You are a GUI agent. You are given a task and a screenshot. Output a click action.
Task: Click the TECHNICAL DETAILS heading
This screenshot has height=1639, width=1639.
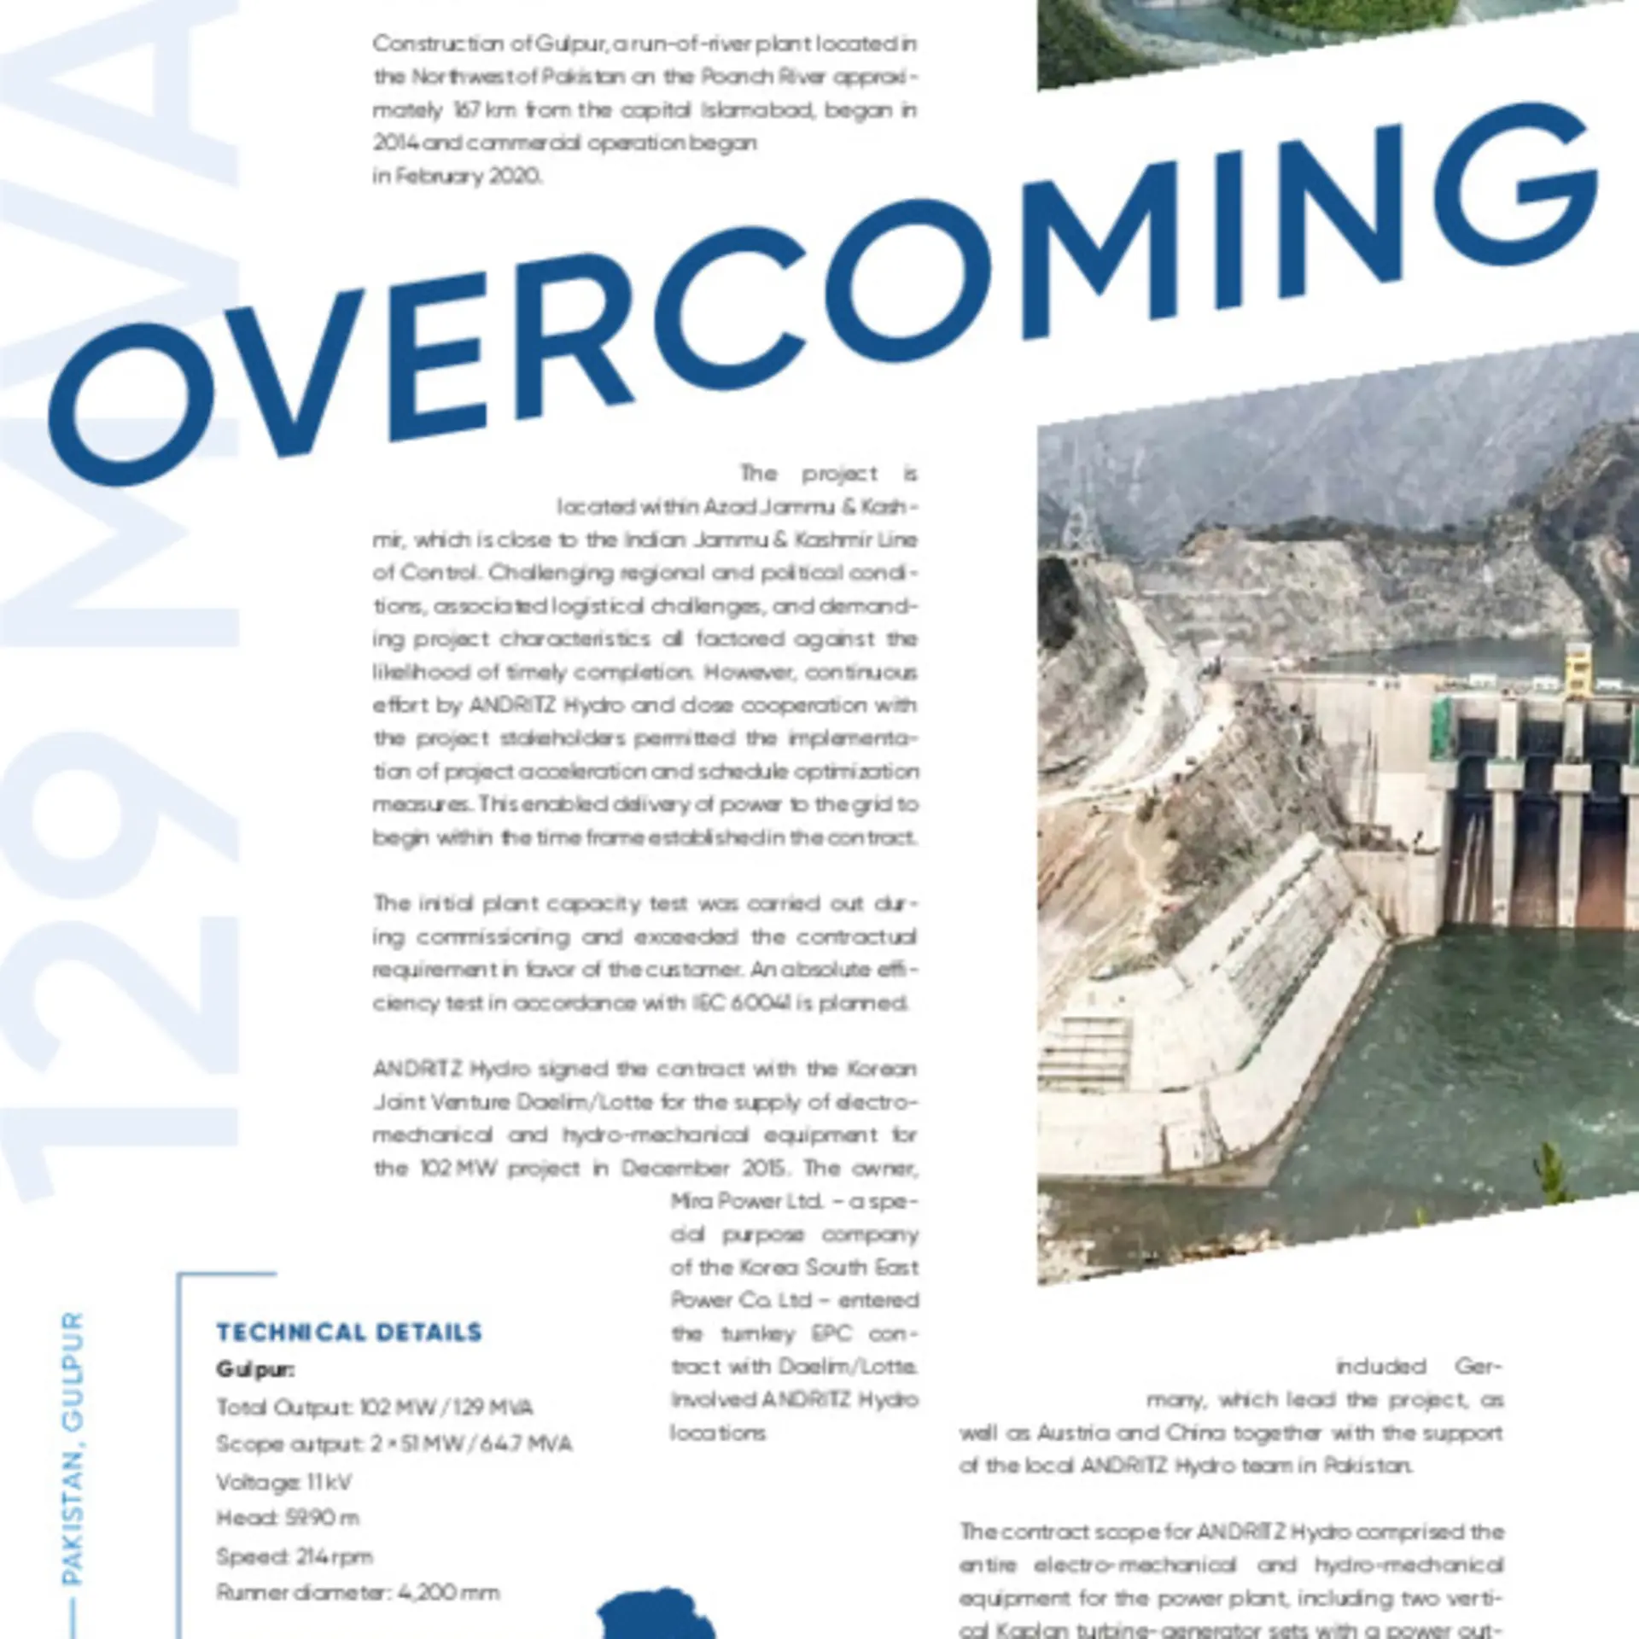(x=349, y=1333)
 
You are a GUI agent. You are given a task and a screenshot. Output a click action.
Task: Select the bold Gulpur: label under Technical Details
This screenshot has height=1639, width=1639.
(x=255, y=1369)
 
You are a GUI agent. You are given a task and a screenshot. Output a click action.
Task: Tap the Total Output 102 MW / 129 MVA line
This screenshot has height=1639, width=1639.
(x=375, y=1407)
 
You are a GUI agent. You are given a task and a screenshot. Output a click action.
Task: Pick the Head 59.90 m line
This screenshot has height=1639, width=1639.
(x=288, y=1518)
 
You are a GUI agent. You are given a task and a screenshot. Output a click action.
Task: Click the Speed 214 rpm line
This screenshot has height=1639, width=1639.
(x=295, y=1555)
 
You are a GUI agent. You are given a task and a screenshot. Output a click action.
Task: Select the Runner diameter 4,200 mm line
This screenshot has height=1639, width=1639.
(x=358, y=1592)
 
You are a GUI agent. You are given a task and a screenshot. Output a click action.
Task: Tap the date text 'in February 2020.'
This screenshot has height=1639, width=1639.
(x=457, y=176)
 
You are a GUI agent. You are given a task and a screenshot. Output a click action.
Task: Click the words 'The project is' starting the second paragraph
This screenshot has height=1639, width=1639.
(x=828, y=473)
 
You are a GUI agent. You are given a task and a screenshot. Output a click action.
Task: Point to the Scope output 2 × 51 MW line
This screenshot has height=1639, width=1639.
(x=394, y=1444)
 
